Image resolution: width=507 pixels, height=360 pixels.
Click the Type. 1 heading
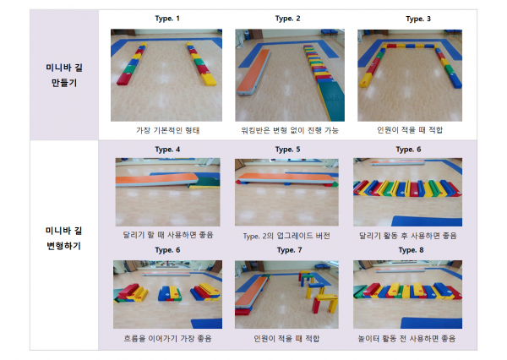point(167,19)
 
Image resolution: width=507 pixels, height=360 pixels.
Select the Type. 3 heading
point(418,19)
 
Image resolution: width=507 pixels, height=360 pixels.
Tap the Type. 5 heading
point(287,150)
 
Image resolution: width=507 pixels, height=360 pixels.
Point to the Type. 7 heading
point(289,250)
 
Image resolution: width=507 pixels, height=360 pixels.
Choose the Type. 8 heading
point(411,250)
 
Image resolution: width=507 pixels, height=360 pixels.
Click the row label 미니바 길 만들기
point(64,75)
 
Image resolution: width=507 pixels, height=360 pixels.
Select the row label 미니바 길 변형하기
point(64,238)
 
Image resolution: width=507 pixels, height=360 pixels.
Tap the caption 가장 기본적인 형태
point(167,130)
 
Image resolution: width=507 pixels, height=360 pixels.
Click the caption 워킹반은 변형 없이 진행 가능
point(290,130)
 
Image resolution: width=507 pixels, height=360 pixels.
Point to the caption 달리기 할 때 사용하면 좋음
point(168,235)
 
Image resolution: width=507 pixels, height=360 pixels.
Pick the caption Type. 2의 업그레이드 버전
point(286,236)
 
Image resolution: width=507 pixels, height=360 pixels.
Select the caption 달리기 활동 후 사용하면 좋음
point(408,236)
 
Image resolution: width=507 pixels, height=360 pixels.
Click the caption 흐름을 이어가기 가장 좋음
point(167,338)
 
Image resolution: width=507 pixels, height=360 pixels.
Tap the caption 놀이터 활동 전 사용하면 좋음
point(406,338)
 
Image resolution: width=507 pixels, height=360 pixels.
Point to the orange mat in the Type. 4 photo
point(157,179)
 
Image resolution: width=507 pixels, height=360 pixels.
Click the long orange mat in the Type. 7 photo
point(252,292)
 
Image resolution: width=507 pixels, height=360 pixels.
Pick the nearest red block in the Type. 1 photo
point(124,79)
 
